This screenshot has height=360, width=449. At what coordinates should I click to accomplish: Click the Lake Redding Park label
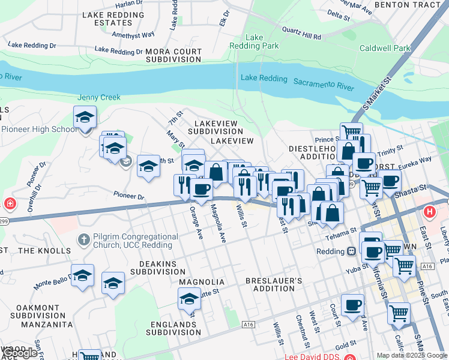pos(262,41)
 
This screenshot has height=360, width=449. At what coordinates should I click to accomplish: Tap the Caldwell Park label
pos(385,48)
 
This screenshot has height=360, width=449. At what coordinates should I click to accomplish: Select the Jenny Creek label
pos(99,97)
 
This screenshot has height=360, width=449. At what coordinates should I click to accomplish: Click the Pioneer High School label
pos(39,129)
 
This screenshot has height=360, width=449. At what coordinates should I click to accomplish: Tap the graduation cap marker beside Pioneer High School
pos(85,118)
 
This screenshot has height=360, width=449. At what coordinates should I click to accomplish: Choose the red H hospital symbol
pos(429,212)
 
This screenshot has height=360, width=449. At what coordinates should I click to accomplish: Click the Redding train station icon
pos(352,251)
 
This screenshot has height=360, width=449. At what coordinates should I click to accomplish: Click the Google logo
pos(20,353)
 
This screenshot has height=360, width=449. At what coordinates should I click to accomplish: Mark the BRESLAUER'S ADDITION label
pos(270,284)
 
